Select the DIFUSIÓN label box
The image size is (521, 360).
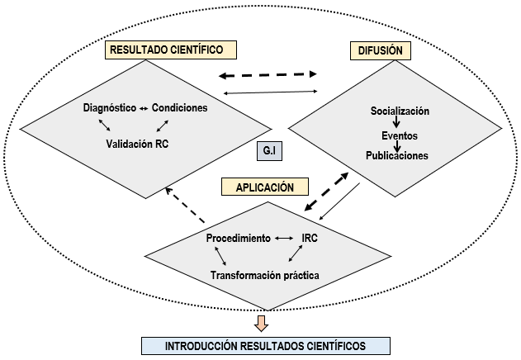(x=380, y=50)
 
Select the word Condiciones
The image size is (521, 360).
(x=179, y=108)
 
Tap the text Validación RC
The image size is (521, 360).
(x=142, y=143)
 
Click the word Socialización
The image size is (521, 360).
(x=400, y=111)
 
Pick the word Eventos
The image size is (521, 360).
(x=399, y=134)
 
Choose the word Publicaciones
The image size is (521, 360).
(x=399, y=155)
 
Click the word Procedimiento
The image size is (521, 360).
(x=238, y=238)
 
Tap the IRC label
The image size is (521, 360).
(x=310, y=238)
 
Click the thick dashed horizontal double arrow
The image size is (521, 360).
(x=268, y=74)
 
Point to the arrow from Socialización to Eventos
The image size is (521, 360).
(x=398, y=122)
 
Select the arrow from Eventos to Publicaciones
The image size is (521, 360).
(x=398, y=144)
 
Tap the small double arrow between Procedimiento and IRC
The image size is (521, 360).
(x=285, y=238)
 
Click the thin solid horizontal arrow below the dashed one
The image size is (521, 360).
(x=271, y=92)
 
